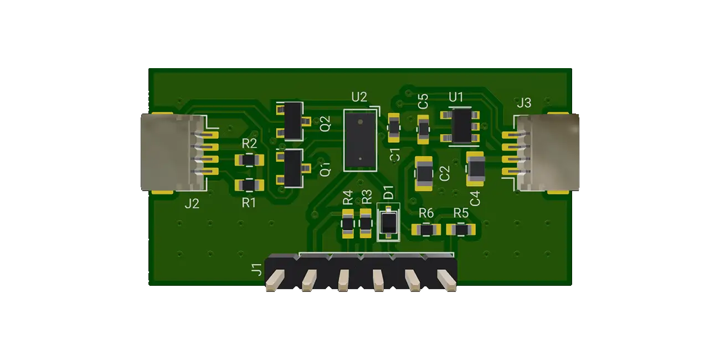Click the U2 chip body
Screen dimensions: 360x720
point(360,140)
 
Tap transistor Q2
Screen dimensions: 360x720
point(293,121)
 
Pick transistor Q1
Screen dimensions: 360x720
point(293,167)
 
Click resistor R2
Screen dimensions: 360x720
point(249,161)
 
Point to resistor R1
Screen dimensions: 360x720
point(249,185)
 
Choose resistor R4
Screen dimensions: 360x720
point(347,223)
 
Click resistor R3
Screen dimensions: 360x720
point(366,223)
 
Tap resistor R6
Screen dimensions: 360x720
point(426,229)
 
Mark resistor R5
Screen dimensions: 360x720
point(460,229)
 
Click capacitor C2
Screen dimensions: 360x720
point(425,173)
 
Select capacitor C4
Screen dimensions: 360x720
point(476,168)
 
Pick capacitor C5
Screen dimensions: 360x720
point(424,129)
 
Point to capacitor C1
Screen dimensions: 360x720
point(393,126)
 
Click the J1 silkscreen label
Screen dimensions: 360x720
point(256,270)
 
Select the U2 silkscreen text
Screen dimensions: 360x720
point(359,97)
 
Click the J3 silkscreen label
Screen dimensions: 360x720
point(523,103)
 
